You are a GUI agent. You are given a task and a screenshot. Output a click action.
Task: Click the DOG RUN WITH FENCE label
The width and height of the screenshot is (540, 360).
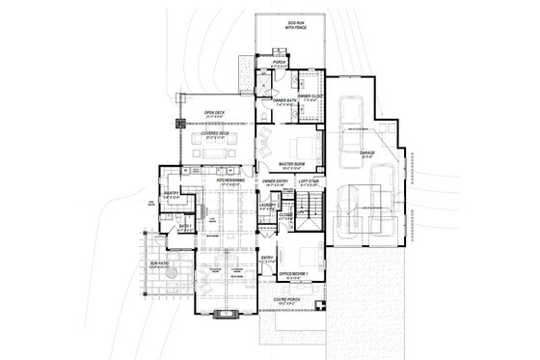[292, 26]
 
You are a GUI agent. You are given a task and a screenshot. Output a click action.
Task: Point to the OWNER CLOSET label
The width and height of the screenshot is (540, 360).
[310, 97]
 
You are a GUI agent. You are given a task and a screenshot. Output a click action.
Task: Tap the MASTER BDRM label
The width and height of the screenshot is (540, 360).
[293, 165]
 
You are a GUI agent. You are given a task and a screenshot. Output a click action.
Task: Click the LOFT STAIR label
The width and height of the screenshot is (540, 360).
[309, 180]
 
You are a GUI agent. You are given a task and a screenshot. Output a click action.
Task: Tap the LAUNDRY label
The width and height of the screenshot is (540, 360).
[268, 205]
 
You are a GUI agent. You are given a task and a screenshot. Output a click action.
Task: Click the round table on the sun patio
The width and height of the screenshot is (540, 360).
[170, 280]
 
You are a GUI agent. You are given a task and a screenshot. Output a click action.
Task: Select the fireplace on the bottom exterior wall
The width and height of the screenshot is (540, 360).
[228, 312]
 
